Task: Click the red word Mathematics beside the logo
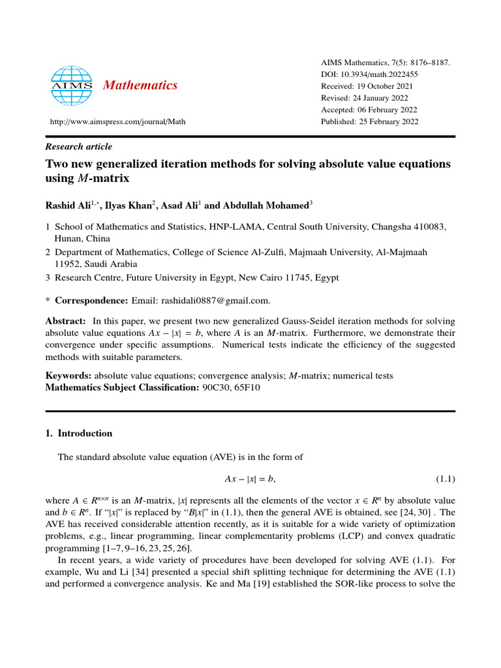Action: tap(140, 85)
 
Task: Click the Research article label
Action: tap(78, 147)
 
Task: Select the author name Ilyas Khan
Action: tap(129, 206)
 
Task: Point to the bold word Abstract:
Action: tap(65, 322)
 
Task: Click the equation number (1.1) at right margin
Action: tap(445, 479)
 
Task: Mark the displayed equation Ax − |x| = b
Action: tap(250, 479)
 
